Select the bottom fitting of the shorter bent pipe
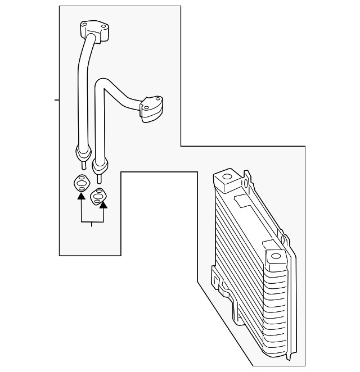tap(100, 166)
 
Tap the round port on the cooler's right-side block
tap(275, 258)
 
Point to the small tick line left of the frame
tap(57, 100)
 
